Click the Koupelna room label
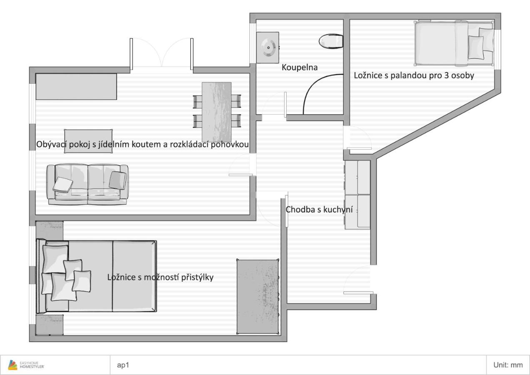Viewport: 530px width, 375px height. pos(300,67)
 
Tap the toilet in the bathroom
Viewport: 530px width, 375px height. pos(331,41)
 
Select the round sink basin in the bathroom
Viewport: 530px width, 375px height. pos(267,47)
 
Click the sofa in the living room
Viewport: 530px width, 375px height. pos(87,184)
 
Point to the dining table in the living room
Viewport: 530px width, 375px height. pos(217,112)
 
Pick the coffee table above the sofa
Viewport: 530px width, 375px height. pos(88,141)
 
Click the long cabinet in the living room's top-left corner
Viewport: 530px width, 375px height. pos(76,87)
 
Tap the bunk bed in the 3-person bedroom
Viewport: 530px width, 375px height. pos(454,44)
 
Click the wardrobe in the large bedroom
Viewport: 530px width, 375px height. pos(257,297)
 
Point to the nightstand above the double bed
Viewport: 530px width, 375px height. pos(49,230)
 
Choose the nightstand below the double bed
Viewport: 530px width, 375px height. pos(49,324)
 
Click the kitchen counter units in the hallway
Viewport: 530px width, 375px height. pos(357,195)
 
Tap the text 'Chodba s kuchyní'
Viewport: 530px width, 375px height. pos(319,210)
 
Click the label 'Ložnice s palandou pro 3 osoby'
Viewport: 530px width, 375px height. pos(414,75)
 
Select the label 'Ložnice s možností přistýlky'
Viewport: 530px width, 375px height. pos(160,277)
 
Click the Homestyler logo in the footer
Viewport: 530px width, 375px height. pos(28,365)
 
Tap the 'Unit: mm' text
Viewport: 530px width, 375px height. pos(508,365)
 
